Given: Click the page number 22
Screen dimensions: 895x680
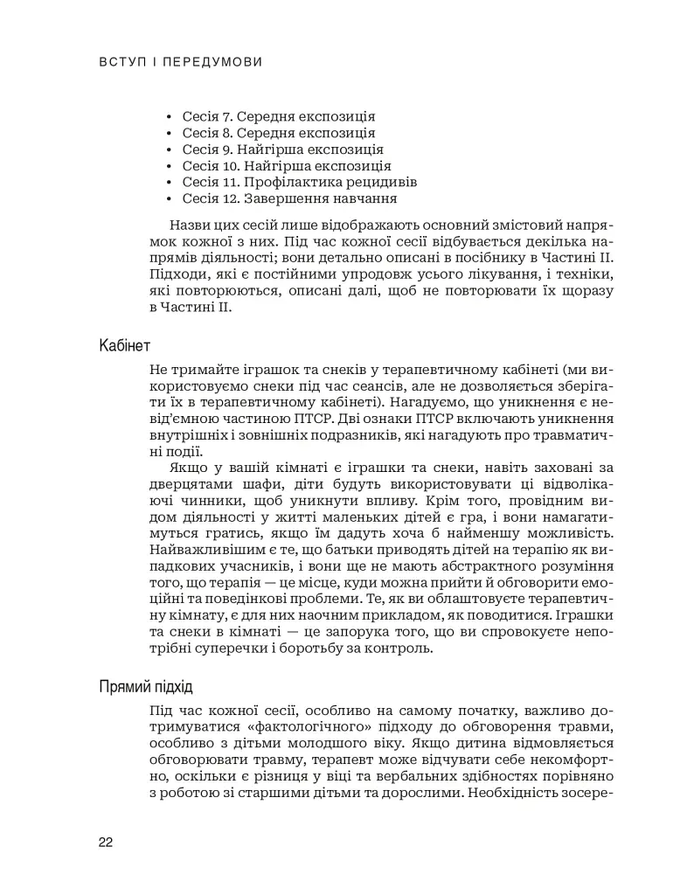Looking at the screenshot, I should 106,842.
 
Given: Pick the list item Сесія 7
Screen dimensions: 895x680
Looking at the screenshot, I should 279,116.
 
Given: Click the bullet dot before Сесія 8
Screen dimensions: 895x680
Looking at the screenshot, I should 170,134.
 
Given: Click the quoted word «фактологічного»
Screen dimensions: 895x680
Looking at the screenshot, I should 264,727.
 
